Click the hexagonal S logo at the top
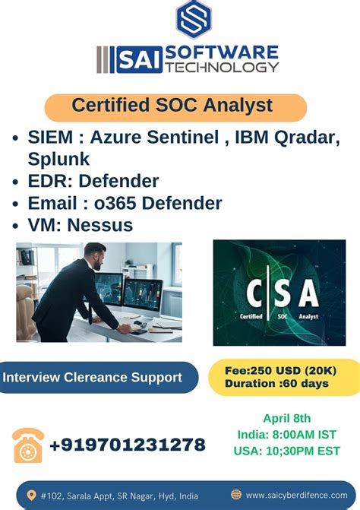pos(194,20)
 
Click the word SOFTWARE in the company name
pos(221,53)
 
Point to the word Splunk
pos(58,159)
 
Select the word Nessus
pos(100,225)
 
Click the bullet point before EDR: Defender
pos(17,182)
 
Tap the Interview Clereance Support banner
pos(93,377)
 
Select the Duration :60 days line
pos(276,384)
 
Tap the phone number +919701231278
pos(127,445)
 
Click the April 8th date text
pos(286,417)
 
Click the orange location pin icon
pos(30,495)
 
